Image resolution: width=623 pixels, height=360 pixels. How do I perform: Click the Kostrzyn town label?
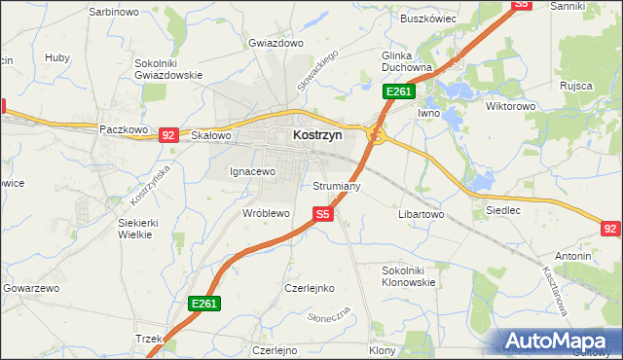317,137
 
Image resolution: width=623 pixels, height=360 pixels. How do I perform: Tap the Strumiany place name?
337,185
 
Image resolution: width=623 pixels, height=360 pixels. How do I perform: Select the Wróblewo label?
266,212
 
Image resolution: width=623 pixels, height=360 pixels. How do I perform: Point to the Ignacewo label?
253,171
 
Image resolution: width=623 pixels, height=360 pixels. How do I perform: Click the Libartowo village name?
421,213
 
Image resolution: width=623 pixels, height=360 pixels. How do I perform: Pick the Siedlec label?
502,209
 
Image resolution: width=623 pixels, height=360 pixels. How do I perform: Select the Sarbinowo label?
115,11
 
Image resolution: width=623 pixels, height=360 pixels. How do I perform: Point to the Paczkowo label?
123,128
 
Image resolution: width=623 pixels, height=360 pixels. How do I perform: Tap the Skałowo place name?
210,136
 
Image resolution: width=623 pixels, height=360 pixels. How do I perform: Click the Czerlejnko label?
309,288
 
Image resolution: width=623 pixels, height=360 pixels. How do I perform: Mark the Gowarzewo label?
32,288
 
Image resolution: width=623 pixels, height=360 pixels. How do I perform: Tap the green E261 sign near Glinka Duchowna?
399,91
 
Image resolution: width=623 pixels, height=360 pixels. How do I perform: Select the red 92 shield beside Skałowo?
168,135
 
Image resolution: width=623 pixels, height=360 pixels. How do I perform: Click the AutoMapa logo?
557,342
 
